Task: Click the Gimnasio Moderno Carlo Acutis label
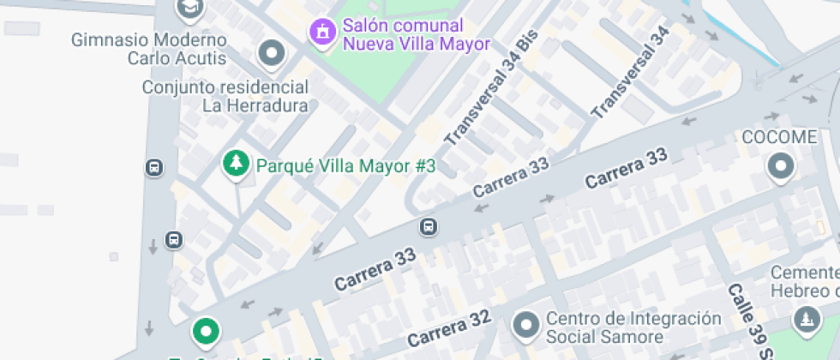(149, 49)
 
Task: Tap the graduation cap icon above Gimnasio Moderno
(189, 9)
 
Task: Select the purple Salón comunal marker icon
(322, 33)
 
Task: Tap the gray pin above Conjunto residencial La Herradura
(272, 55)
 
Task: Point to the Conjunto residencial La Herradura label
(225, 96)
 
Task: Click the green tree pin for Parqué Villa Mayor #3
(235, 163)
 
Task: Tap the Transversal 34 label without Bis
(630, 72)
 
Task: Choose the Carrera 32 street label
(448, 327)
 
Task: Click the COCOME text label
(778, 138)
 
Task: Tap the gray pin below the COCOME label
(781, 166)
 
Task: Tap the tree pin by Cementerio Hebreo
(806, 319)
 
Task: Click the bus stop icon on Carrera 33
(428, 227)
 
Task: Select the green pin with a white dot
(206, 330)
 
